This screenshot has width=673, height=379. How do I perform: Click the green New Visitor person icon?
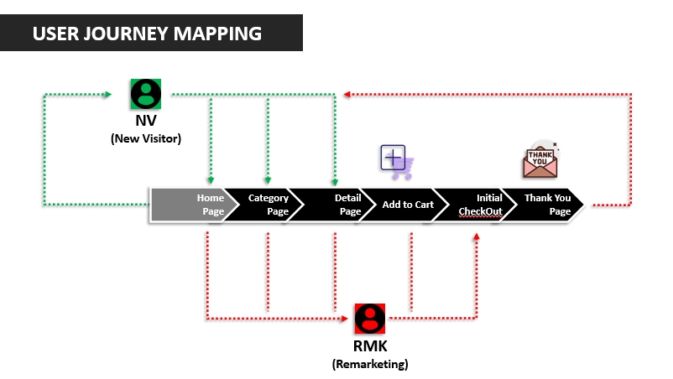[146, 93]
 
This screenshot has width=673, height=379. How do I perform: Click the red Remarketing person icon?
[369, 318]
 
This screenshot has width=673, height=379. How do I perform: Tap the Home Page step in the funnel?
[192, 205]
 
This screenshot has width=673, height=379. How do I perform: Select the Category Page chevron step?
[265, 205]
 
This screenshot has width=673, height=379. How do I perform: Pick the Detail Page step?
[341, 205]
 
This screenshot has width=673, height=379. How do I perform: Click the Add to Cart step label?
[408, 205]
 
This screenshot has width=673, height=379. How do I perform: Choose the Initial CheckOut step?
[482, 205]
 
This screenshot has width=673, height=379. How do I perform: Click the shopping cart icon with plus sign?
[396, 161]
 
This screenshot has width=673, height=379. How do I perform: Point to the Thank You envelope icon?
[541, 160]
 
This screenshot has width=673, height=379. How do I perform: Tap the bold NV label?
[146, 122]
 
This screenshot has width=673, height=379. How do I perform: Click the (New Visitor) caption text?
[146, 138]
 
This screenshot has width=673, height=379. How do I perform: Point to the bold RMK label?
[370, 346]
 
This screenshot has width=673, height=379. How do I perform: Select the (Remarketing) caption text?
[370, 364]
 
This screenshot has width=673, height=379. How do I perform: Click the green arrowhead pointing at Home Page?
[210, 180]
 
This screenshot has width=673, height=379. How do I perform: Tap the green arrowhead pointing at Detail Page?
[334, 180]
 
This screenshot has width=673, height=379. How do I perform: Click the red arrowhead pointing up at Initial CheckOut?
[477, 237]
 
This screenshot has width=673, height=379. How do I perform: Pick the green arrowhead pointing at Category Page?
[268, 180]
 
